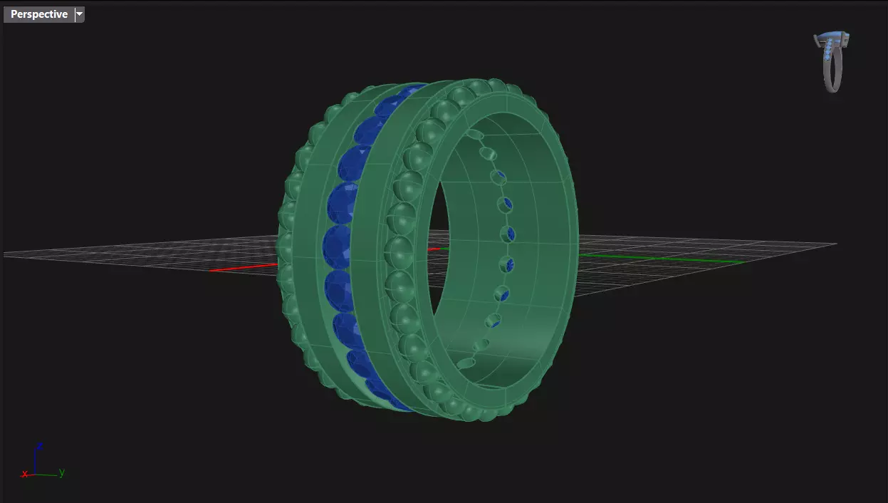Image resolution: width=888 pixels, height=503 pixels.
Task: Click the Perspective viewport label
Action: tap(39, 14)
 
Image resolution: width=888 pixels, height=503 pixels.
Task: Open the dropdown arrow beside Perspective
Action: tap(79, 14)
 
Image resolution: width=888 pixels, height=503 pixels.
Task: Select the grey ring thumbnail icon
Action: tap(832, 62)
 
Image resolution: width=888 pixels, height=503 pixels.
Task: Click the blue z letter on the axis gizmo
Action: tap(40, 446)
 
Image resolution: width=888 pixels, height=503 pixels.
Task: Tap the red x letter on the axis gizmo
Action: tap(25, 474)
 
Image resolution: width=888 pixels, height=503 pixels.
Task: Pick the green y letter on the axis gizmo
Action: tap(62, 472)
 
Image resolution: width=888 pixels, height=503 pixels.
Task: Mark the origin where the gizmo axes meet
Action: tap(36, 474)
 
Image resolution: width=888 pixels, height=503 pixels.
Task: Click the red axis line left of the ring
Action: tap(242, 268)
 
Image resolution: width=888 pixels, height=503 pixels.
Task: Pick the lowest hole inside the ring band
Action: tap(466, 363)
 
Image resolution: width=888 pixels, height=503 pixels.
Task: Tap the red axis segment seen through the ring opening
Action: tap(434, 249)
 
